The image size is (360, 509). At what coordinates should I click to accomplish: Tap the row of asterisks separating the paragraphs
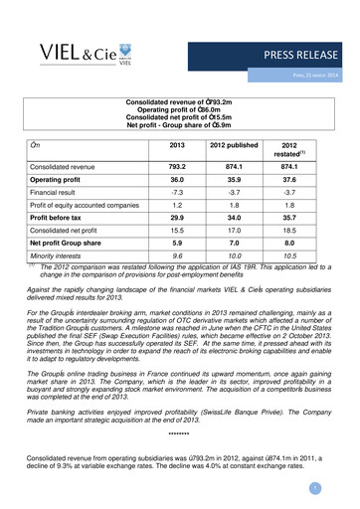pyautogui.click(x=180, y=434)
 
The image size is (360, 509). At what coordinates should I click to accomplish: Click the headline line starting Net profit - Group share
pyautogui.click(x=179, y=127)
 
